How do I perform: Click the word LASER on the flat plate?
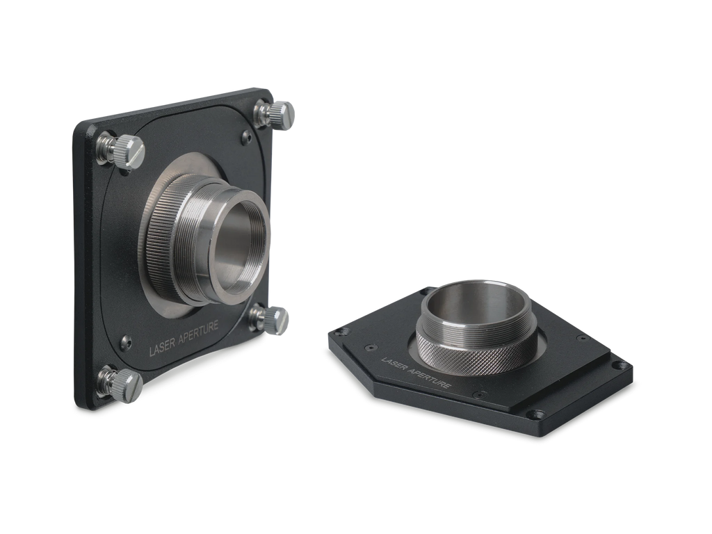pos(395,366)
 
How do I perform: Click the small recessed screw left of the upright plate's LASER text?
pos(126,341)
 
